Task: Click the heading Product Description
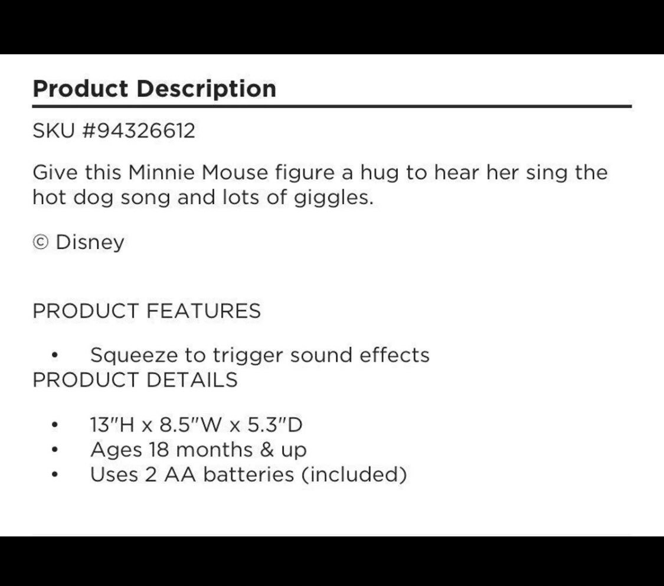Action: (155, 89)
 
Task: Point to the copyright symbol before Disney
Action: (41, 243)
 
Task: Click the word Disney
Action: (90, 243)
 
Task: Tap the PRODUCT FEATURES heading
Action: (146, 311)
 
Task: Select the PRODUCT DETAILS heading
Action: (135, 380)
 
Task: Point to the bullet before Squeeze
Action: (54, 356)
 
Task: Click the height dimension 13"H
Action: (112, 425)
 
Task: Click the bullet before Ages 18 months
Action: (54, 450)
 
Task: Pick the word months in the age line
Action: (214, 450)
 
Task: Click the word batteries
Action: (248, 474)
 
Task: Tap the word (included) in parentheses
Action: (354, 475)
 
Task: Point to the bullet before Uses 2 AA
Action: (54, 474)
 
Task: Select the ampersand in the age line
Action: (267, 450)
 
